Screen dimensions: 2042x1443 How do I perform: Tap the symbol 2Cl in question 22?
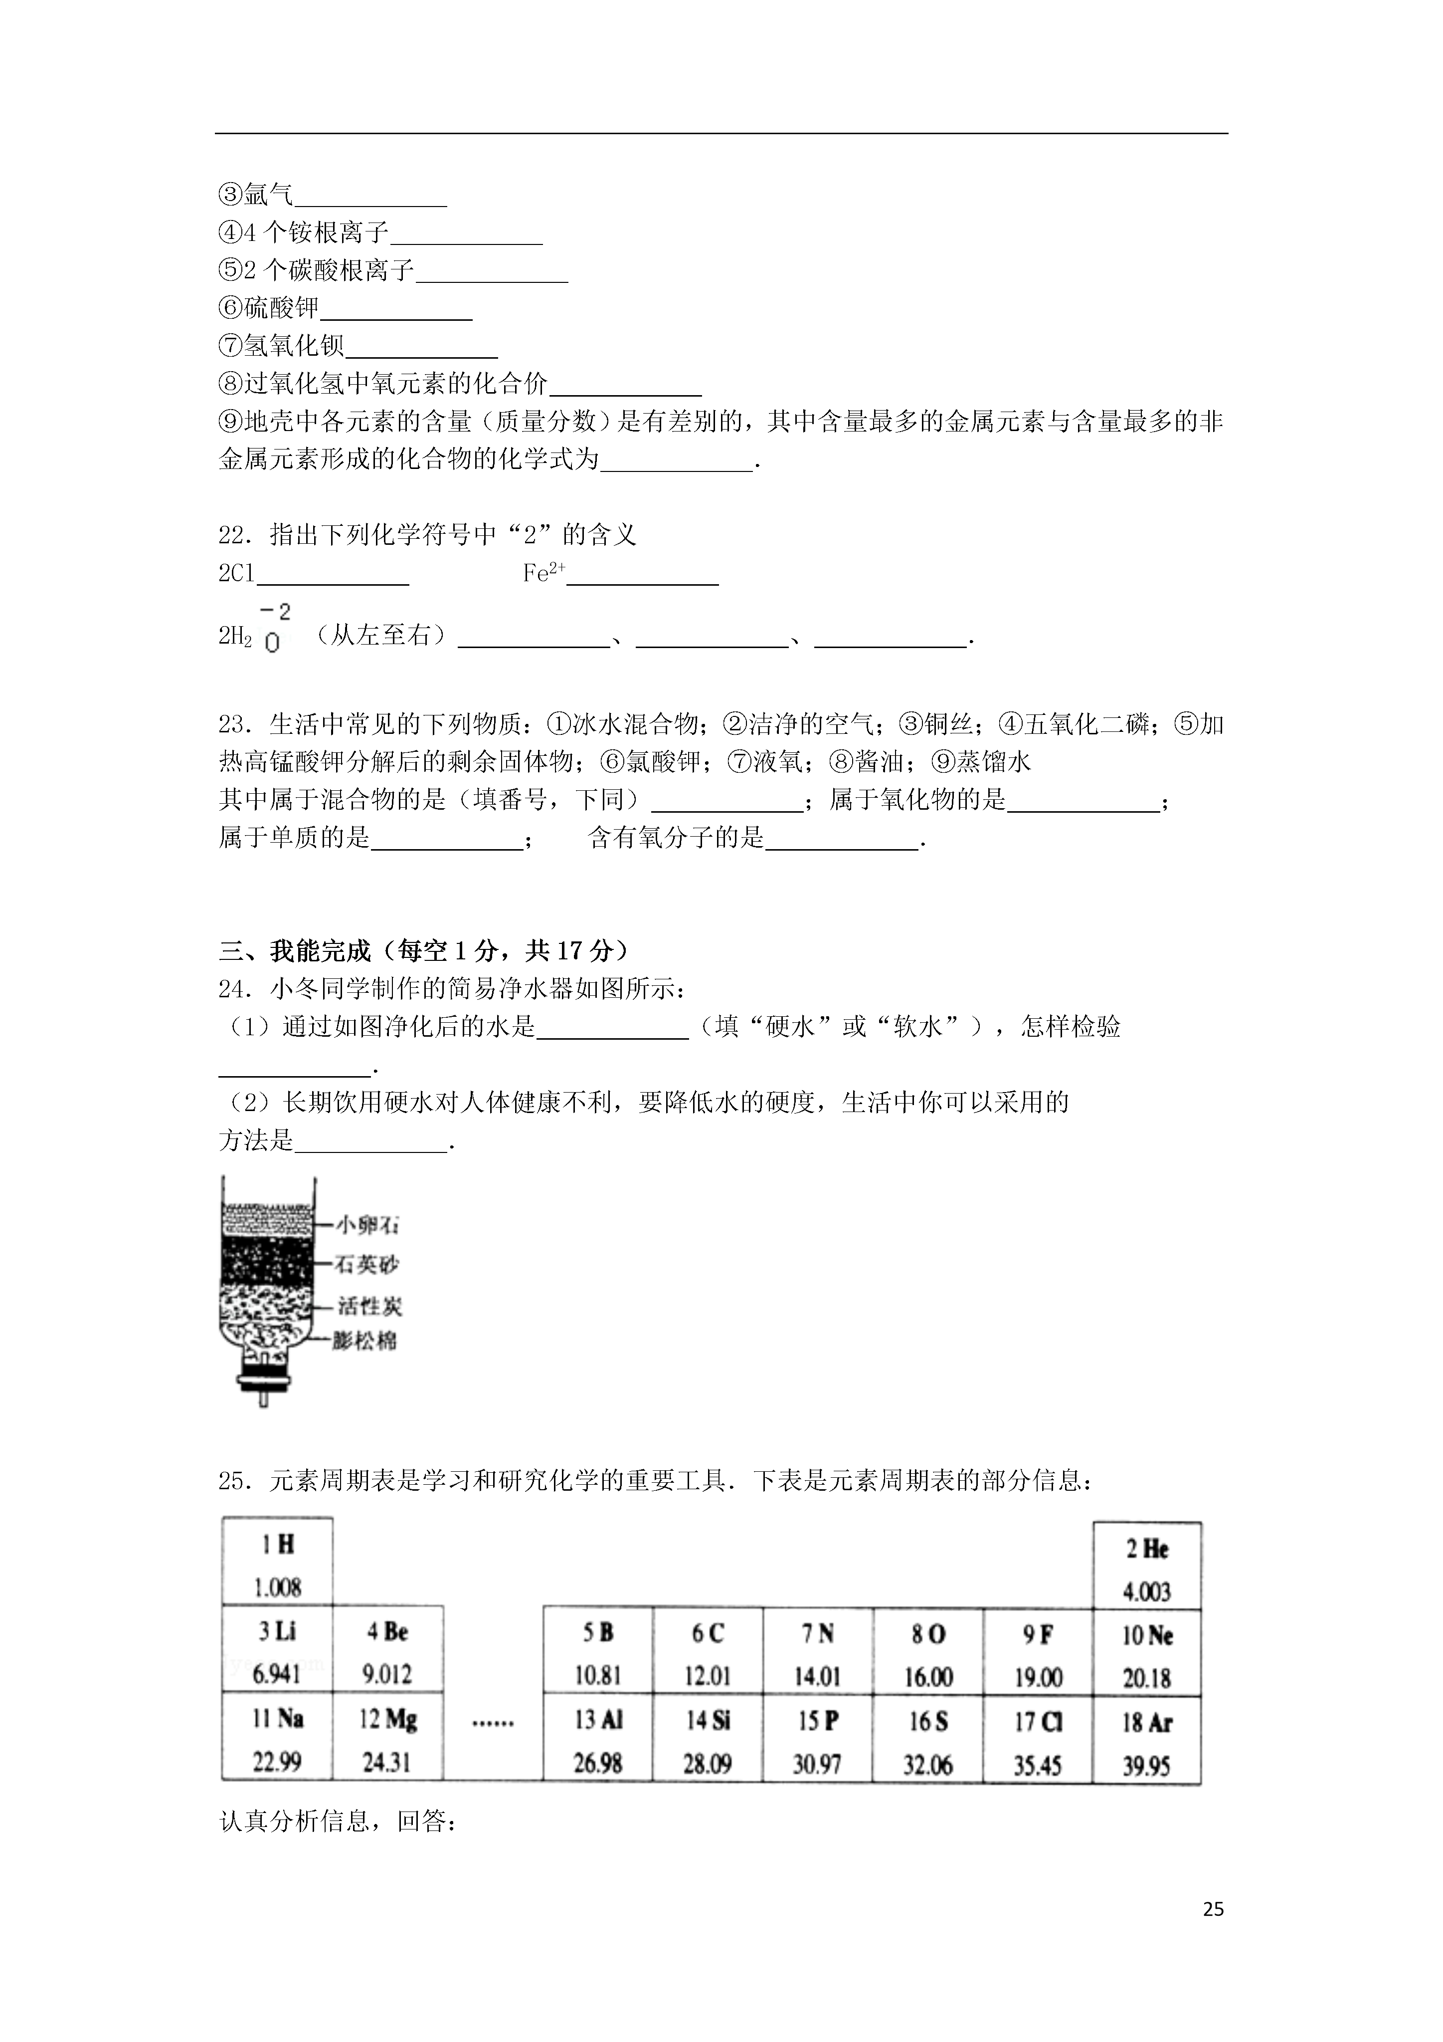coord(236,574)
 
